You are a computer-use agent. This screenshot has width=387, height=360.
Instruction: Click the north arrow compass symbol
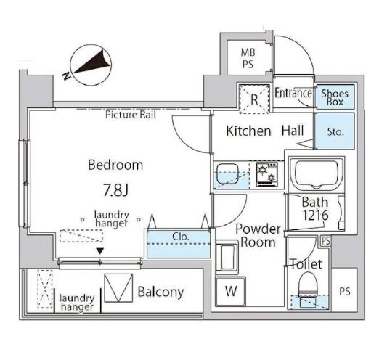pos(91,65)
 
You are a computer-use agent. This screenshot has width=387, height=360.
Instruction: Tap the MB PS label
pos(248,58)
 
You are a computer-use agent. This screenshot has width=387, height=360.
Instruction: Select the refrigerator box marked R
pos(254,99)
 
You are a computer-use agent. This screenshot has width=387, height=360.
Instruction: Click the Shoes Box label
pos(335,97)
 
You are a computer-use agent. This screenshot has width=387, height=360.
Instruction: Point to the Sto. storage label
pos(335,132)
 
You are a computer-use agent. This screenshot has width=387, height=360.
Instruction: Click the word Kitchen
pos(248,131)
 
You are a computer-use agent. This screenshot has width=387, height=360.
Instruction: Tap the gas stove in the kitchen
pos(267,174)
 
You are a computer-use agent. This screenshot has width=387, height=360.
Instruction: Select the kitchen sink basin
pos(227,174)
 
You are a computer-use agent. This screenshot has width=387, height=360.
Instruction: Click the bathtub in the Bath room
pos(317,174)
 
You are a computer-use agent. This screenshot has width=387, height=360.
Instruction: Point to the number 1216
pos(316,216)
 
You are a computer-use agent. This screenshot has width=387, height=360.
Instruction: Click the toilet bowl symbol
pos(308,285)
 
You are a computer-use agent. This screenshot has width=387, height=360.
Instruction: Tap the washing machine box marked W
pos(231,291)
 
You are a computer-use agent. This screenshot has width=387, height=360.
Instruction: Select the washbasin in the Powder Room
pos(227,257)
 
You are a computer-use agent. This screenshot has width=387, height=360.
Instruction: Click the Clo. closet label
pos(181,237)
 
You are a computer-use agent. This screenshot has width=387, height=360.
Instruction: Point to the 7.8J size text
pos(115,190)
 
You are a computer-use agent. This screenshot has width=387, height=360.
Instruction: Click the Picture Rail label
pos(131,115)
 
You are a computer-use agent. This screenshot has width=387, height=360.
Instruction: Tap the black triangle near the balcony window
pos(99,251)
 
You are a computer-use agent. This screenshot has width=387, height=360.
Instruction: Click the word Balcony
pos(161,292)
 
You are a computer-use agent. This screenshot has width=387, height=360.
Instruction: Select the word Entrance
pos(293,94)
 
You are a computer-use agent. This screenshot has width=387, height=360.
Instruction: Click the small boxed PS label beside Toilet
pos(326,240)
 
